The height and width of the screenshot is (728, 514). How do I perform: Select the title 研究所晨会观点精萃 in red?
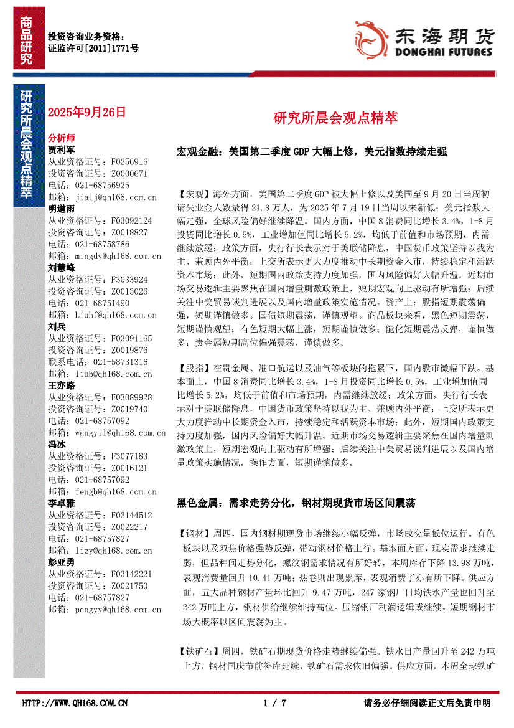(335, 118)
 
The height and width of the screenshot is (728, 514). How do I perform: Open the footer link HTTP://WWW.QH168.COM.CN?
(75, 703)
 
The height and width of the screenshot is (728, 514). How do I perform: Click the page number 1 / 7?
(274, 703)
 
